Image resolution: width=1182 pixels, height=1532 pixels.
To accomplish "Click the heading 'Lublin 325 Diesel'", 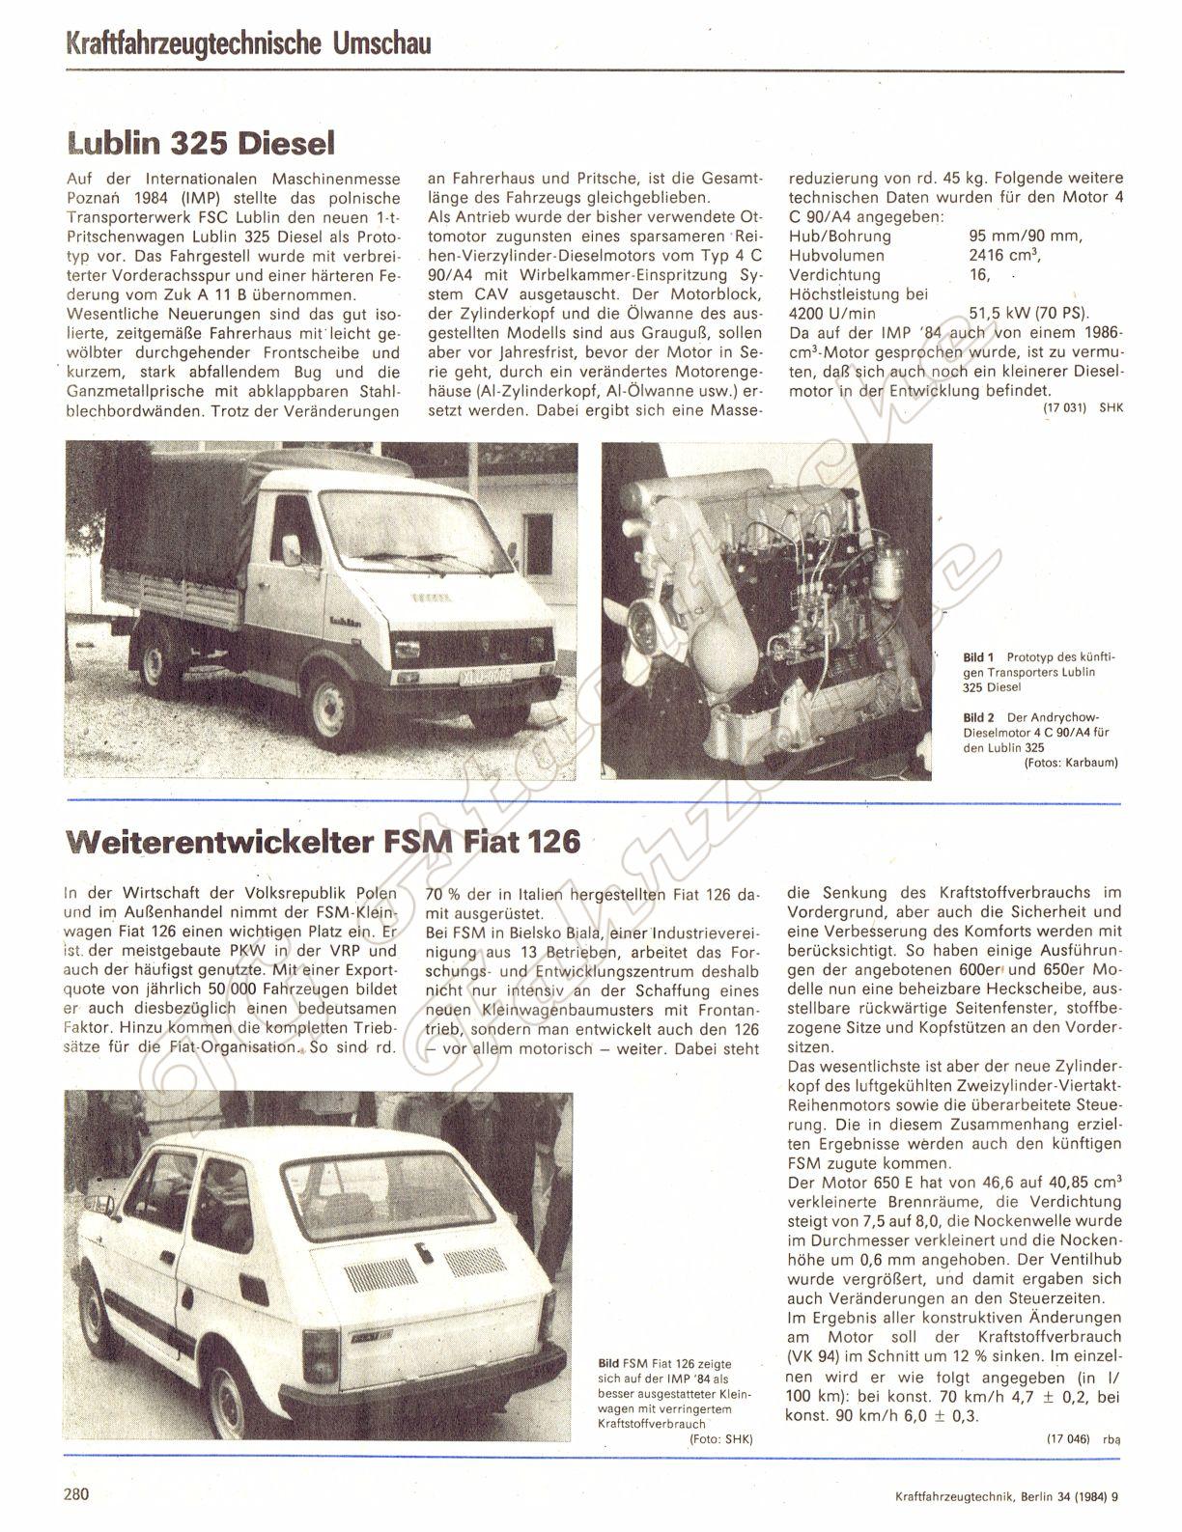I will click(x=201, y=143).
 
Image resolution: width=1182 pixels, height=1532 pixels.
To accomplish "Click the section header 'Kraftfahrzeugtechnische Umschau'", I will click(x=248, y=43).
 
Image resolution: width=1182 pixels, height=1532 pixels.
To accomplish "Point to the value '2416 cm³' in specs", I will click(x=1005, y=256).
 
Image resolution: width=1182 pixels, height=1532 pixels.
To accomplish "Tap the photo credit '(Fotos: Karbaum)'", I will click(x=1070, y=763).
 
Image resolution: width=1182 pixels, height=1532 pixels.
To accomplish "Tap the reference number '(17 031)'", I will click(x=1064, y=408).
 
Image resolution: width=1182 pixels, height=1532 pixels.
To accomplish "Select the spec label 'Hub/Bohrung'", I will click(x=839, y=236).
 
